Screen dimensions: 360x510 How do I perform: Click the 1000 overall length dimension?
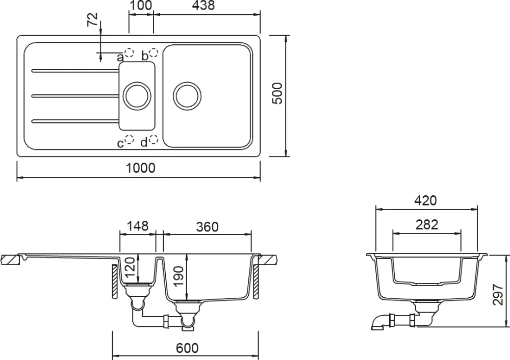pyautogui.click(x=141, y=168)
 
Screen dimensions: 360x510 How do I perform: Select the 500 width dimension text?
pyautogui.click(x=277, y=94)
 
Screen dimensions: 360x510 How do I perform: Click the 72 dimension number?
pyautogui.click(x=92, y=21)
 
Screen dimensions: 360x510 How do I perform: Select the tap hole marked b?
pyautogui.click(x=154, y=53)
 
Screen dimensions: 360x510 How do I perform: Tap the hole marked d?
pyautogui.click(x=154, y=140)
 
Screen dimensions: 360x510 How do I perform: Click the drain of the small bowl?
pyautogui.click(x=136, y=95)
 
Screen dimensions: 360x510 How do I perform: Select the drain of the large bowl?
pyautogui.click(x=187, y=95)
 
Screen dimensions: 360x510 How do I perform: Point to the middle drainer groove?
pyautogui.click(x=75, y=95)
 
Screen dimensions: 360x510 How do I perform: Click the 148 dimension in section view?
pyautogui.click(x=138, y=225)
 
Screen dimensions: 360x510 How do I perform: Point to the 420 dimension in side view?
pyautogui.click(x=425, y=200)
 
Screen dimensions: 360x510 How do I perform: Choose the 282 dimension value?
pyautogui.click(x=426, y=225)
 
